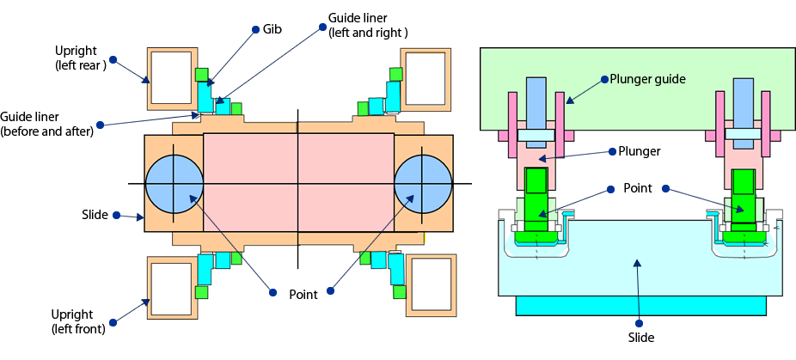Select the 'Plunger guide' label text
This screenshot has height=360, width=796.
pos(647,79)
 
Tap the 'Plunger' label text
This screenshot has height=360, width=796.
pos(639,151)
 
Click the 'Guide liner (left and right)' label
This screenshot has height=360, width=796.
pos(368,25)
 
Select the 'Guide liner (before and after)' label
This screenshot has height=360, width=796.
pos(46,124)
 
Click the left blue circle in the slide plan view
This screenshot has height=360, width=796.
pos(175,184)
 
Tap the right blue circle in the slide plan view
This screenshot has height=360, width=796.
pos(423,184)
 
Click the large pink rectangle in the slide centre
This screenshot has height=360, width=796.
pos(298,183)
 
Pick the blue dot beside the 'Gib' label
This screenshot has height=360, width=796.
pos(255,29)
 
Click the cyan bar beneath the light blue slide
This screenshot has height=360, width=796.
pos(640,306)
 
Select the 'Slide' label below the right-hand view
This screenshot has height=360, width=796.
pos(640,338)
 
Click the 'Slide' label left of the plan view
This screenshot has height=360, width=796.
pos(95,214)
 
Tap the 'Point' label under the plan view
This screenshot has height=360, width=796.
pos(303,294)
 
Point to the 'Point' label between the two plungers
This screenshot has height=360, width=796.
pos(639,188)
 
